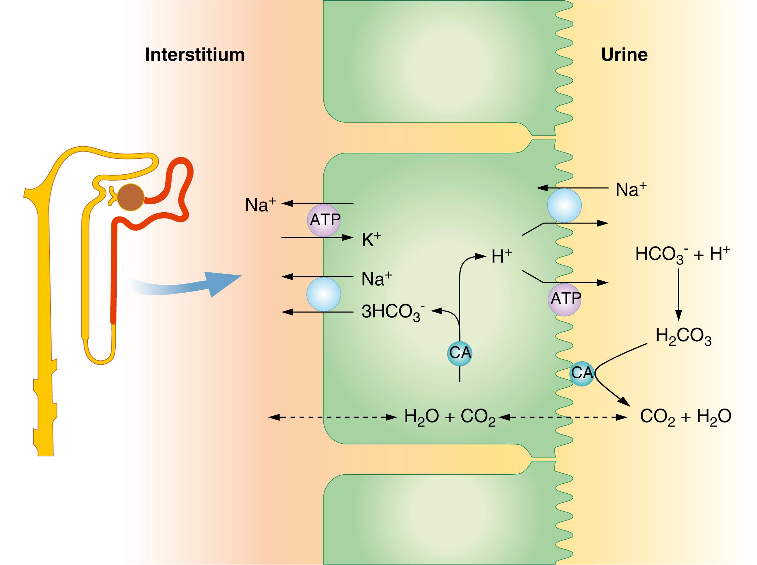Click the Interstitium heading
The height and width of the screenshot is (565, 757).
(x=195, y=55)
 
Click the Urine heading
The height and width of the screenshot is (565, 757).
(x=624, y=55)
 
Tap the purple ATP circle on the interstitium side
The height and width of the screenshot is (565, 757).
(x=324, y=221)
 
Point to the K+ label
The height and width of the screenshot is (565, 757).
(x=371, y=240)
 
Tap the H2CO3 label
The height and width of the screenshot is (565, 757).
(x=683, y=337)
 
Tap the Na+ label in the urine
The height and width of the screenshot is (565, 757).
(x=630, y=190)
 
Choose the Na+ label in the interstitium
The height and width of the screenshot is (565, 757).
(x=260, y=206)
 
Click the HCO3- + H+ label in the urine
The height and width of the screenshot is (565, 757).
(x=683, y=255)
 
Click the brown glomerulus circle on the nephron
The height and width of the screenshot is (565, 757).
(x=131, y=198)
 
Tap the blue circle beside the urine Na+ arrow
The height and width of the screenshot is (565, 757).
(x=564, y=206)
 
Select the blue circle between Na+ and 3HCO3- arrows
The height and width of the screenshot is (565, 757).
(x=323, y=294)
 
